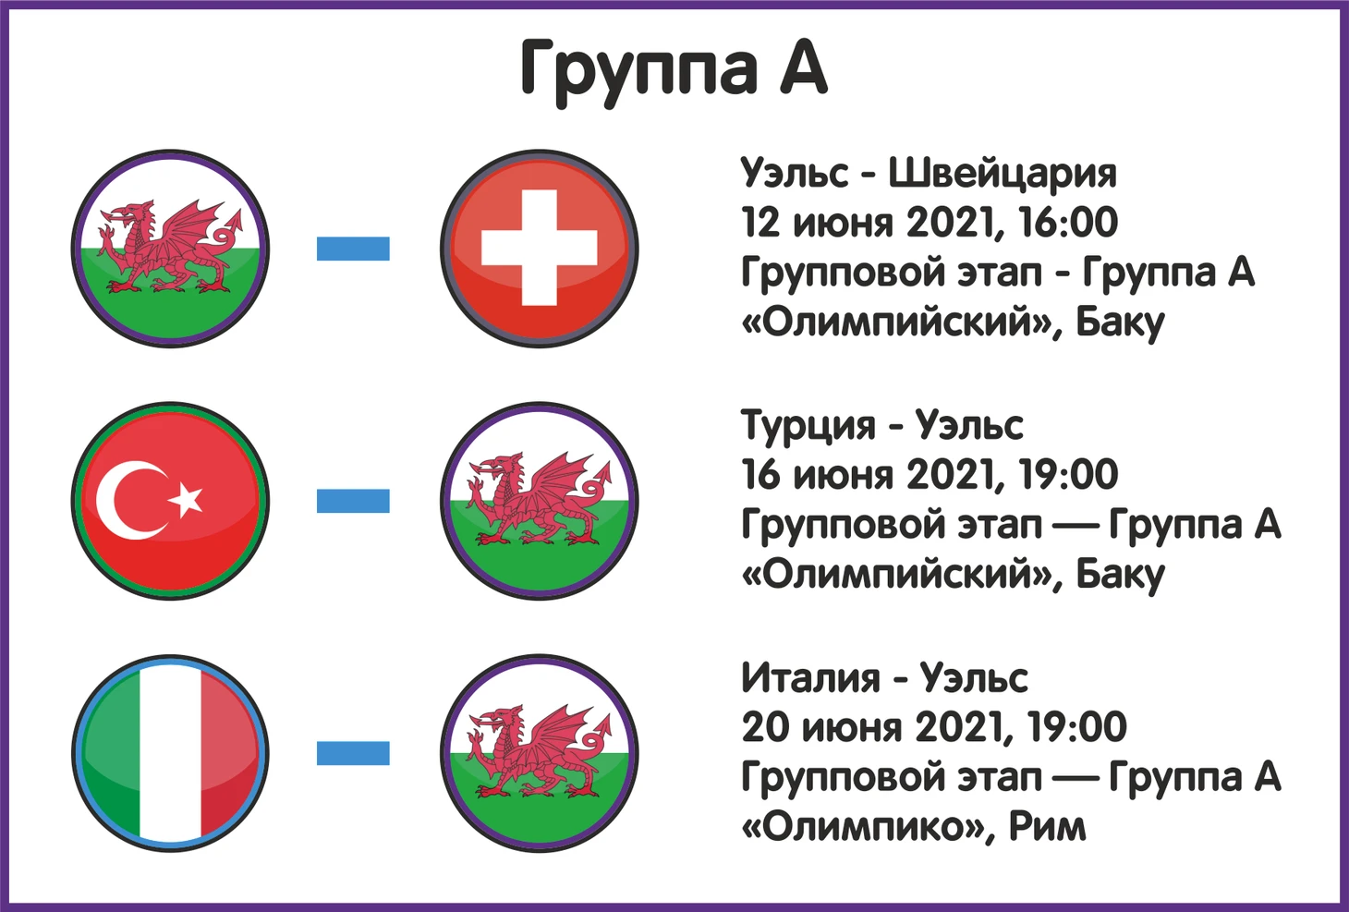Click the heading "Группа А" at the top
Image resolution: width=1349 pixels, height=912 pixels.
[674, 72]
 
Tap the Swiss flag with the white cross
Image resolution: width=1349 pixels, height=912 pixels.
[539, 249]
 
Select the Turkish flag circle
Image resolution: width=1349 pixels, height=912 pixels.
[170, 501]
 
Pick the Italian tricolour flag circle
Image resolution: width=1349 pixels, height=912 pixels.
[170, 753]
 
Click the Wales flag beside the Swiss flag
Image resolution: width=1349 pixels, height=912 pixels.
[170, 249]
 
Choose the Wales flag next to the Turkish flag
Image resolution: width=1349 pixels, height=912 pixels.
[539, 501]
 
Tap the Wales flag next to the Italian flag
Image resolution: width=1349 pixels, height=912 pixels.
[539, 753]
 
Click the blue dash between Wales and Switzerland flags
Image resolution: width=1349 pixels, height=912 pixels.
[353, 249]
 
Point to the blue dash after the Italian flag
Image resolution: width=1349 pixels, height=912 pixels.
[353, 753]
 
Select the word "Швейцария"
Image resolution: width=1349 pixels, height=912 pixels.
[1003, 174]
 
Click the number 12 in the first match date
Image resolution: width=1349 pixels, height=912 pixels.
[760, 223]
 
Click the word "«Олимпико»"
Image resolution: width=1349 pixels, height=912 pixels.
[863, 826]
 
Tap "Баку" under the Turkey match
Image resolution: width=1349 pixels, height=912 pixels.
[1120, 577]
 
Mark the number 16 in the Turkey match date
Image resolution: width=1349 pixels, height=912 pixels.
[760, 475]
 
